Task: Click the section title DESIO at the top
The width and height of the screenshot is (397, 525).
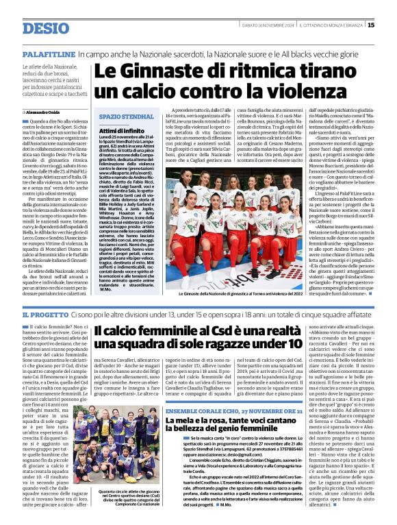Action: pyautogui.click(x=45, y=28)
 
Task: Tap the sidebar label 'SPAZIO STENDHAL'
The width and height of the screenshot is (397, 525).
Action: pyautogui.click(x=117, y=117)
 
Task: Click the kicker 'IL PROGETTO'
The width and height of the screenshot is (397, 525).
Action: pyautogui.click(x=45, y=314)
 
